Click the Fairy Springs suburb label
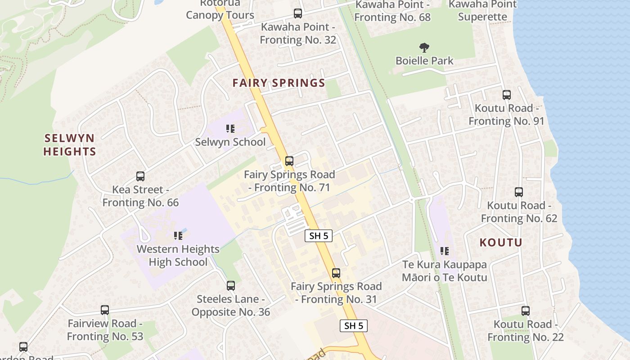[x=279, y=83]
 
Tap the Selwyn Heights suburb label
[x=69, y=144]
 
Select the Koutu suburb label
[x=500, y=243]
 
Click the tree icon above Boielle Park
[x=424, y=47]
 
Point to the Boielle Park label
[x=424, y=60]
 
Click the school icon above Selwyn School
[x=230, y=129]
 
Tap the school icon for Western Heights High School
[x=178, y=235]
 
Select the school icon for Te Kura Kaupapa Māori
[x=445, y=251]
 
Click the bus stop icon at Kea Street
[x=140, y=176]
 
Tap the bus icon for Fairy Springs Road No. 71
[x=289, y=161]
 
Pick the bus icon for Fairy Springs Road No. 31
[x=336, y=273]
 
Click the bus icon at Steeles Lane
[x=231, y=286]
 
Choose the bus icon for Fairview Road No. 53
[x=105, y=310]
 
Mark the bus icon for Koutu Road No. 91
[x=507, y=95]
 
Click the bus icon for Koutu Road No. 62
[x=519, y=192]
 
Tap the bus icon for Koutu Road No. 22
[x=525, y=311]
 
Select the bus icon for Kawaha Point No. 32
[x=297, y=13]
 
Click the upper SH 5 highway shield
[x=319, y=236]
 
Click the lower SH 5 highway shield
[x=353, y=326]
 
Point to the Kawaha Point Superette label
[x=482, y=11]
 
